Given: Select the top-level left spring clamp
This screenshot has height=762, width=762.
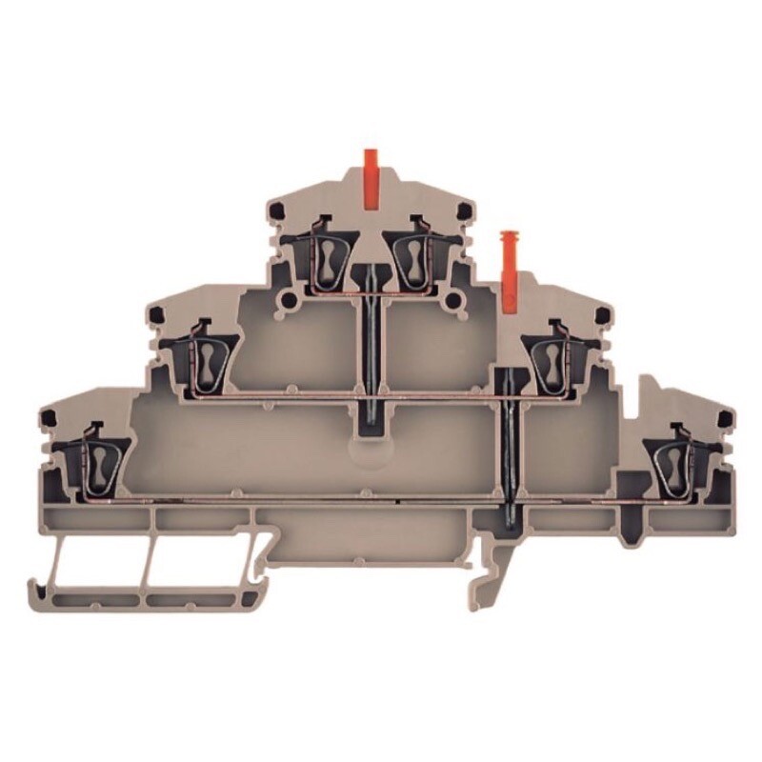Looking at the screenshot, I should (327, 256).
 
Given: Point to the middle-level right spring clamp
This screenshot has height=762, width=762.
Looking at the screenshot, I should (552, 359).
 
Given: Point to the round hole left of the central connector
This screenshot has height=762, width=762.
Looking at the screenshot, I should (284, 304).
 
